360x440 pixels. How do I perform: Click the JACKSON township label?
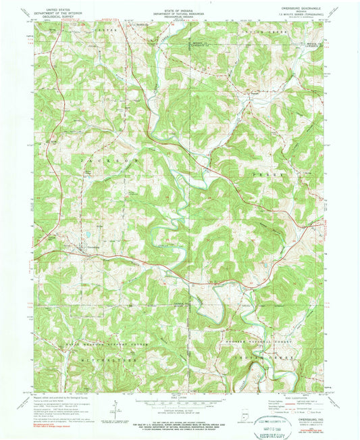(101, 162)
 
